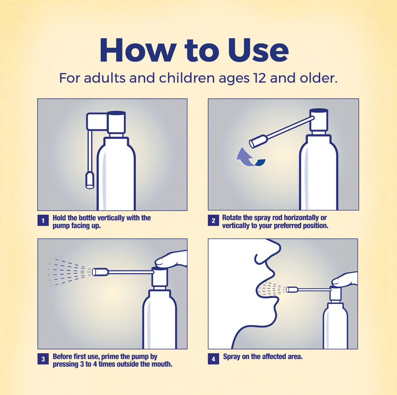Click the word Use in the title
pos(258,50)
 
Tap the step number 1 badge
pos(43,220)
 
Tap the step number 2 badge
pos(213,220)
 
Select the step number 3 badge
pos(43,359)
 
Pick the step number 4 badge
pos(213,359)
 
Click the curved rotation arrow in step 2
pos(249,157)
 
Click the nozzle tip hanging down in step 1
pos(90,180)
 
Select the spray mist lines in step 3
pos(70,272)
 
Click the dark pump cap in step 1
pos(116,113)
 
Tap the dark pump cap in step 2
pos(319,111)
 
